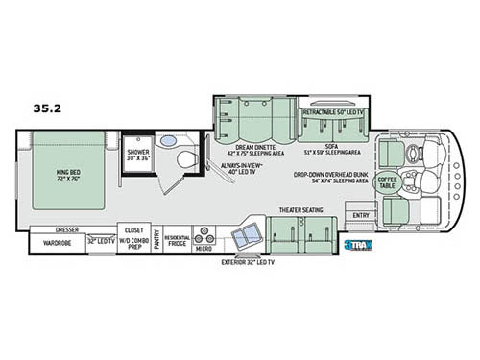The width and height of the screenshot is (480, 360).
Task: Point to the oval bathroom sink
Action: (167, 141)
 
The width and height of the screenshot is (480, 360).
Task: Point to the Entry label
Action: (360, 215)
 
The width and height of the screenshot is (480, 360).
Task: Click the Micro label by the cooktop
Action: (204, 248)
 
